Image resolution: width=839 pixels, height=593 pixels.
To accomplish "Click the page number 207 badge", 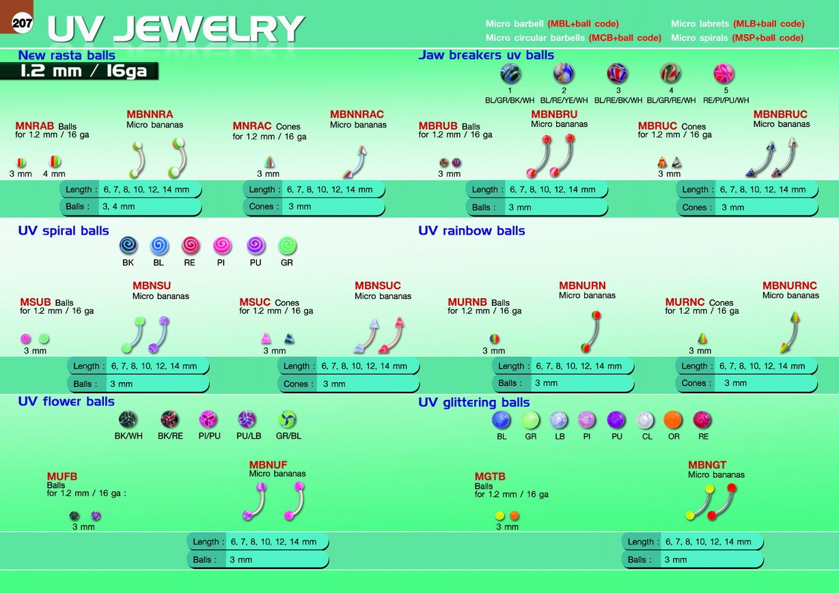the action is tap(22, 23).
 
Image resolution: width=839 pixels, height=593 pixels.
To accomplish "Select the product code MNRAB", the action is tap(34, 126).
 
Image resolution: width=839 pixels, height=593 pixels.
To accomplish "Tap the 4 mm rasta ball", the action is tap(55, 162).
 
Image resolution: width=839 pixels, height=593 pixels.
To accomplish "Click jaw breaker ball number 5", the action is tap(724, 73).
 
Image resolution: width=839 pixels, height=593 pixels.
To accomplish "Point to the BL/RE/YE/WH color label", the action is tap(564, 100).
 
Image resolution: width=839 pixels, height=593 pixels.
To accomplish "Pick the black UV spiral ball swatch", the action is tap(128, 246).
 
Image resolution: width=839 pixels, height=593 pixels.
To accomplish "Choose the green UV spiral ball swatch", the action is tap(288, 246).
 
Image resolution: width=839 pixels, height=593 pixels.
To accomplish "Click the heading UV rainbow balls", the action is tap(471, 231).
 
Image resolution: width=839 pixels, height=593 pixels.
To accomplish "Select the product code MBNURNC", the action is tap(790, 285).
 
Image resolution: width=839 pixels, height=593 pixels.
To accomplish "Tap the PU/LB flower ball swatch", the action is tap(247, 420).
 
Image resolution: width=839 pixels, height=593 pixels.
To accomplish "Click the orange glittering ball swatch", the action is tap(673, 420).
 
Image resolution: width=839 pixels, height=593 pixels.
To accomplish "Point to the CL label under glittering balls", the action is tap(647, 437).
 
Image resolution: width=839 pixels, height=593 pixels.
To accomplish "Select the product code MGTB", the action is tap(490, 476).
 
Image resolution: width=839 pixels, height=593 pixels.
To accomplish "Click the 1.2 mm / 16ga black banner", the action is tap(79, 71).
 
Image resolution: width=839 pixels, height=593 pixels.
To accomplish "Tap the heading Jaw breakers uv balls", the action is tap(486, 55).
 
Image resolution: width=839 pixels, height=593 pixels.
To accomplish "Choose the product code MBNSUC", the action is tap(378, 285).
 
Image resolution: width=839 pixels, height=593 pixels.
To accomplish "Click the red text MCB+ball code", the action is tap(625, 38).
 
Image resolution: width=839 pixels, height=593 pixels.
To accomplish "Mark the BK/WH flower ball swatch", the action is tap(128, 420).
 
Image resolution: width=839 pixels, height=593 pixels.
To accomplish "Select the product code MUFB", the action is tap(62, 476).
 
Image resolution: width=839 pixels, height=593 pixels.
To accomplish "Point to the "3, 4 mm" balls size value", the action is tap(119, 207).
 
